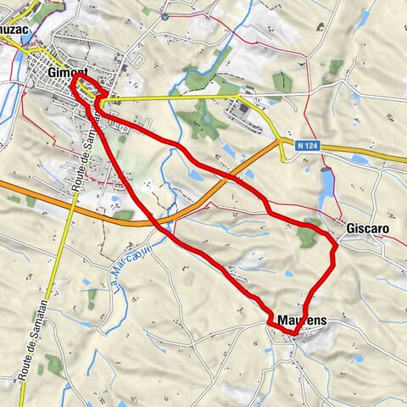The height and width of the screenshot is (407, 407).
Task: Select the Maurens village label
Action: click(302, 321)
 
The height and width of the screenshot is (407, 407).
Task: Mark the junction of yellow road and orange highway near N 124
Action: click(282, 142)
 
